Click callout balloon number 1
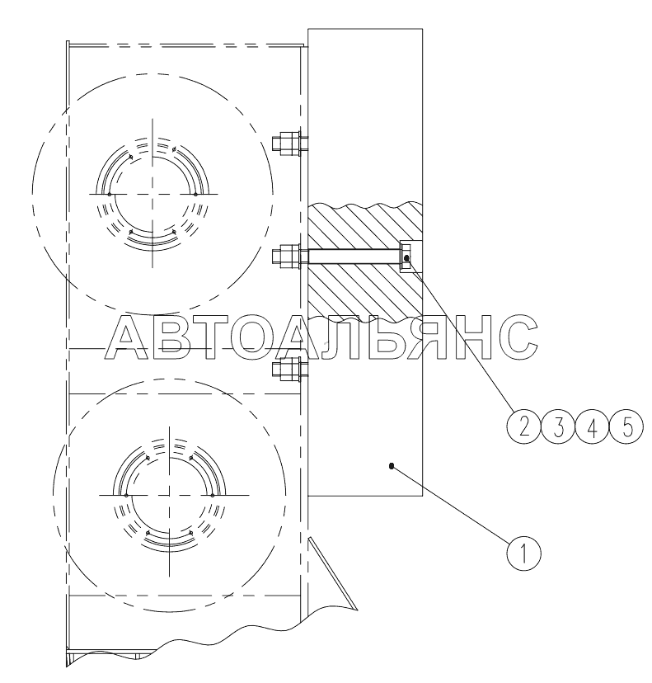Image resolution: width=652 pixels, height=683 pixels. coord(523,553)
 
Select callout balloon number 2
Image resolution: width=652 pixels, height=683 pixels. coord(524,426)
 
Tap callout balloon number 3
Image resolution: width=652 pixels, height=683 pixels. coord(558,426)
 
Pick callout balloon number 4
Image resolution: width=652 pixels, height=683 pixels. coord(593,426)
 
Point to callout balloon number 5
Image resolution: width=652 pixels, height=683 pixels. coord(626,426)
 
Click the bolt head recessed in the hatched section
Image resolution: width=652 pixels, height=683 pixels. coord(406,257)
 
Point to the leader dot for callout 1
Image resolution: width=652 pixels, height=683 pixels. coord(391,466)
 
